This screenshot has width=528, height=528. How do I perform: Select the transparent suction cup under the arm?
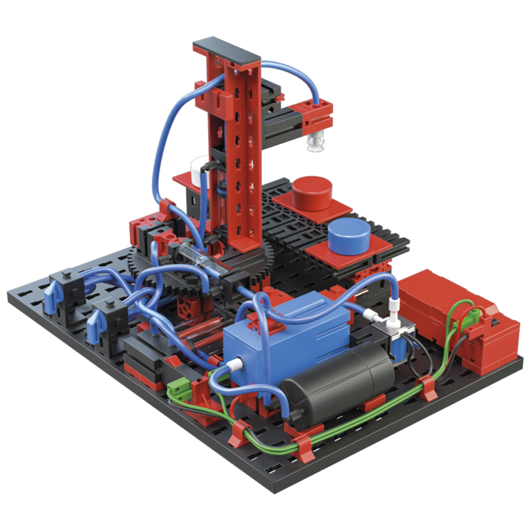pyautogui.click(x=315, y=141)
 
